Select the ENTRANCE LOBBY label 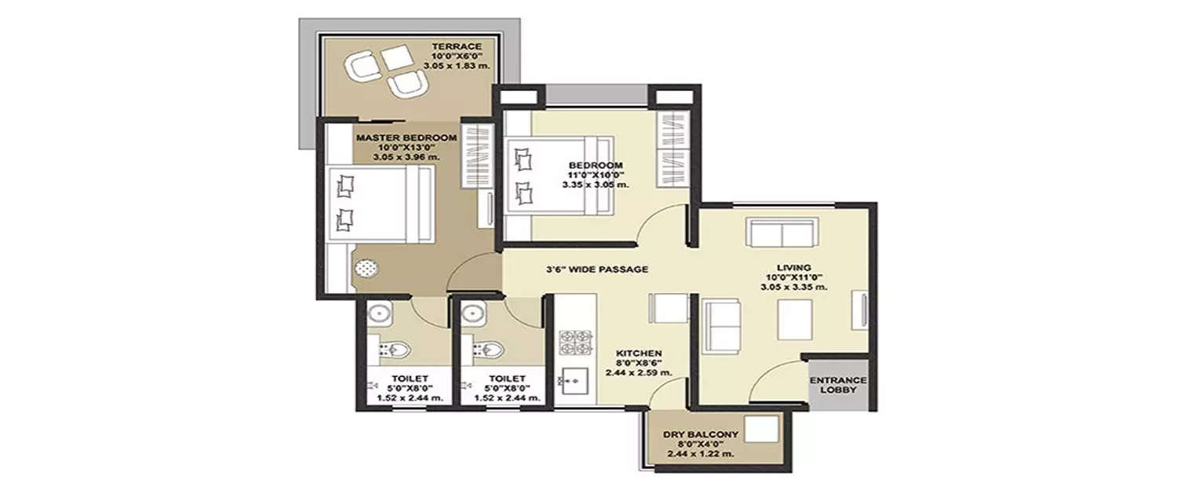click(x=839, y=385)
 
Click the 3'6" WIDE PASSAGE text click(x=597, y=269)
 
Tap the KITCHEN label click(x=639, y=353)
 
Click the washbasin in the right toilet click(x=474, y=314)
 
